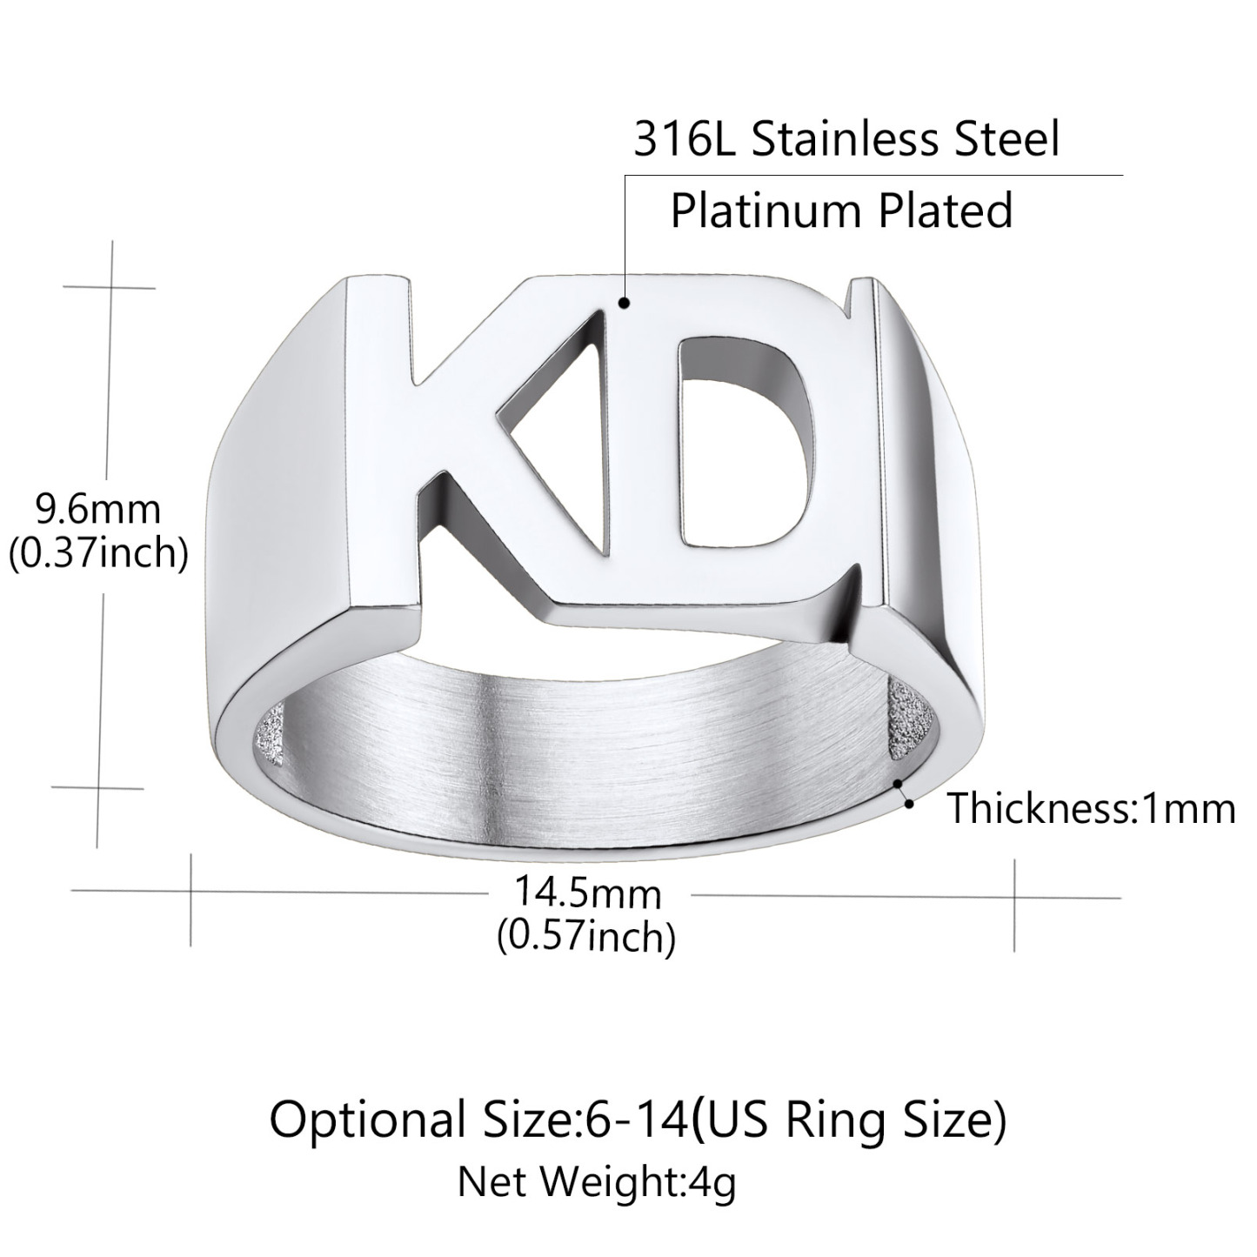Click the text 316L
pos(685,139)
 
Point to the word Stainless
pos(843,139)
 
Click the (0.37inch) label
pos(97,553)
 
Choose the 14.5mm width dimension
pos(587,893)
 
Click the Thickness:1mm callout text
pos(1091,808)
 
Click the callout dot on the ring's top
pos(624,304)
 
